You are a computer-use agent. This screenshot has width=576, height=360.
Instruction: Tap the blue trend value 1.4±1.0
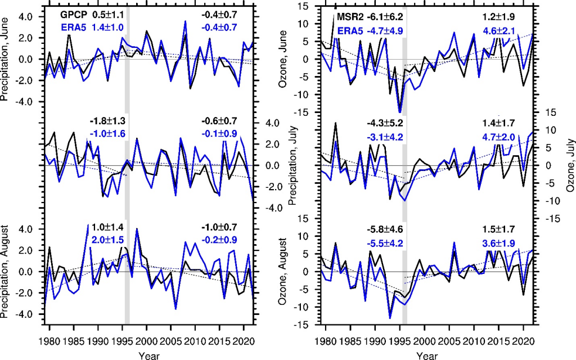coord(108,27)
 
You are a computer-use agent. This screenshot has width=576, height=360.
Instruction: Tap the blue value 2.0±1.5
coord(108,240)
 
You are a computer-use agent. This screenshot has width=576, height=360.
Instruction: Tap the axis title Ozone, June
coord(287,58)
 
